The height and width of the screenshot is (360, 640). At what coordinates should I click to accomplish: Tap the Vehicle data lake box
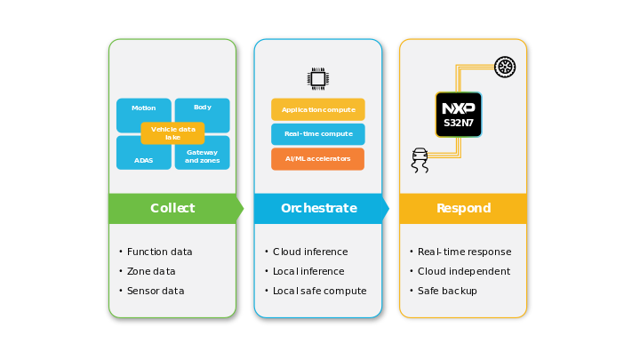172,133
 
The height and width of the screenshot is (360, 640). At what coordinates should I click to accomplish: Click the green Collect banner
172,209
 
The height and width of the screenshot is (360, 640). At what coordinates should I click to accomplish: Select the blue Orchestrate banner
318,209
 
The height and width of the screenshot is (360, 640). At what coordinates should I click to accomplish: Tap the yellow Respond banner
463,209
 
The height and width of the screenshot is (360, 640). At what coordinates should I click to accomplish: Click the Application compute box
318,110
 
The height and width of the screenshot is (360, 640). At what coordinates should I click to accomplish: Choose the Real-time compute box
318,134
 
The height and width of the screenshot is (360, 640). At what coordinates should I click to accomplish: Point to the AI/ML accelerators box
318,159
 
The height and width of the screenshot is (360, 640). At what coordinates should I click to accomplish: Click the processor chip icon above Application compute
318,78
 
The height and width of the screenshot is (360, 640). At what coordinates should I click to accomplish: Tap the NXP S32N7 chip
459,115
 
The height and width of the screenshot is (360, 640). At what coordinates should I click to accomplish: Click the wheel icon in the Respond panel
505,67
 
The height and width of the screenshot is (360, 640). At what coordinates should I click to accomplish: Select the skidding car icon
420,159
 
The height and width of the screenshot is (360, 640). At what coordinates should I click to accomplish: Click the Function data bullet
159,252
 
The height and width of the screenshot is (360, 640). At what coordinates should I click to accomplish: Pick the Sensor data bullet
156,292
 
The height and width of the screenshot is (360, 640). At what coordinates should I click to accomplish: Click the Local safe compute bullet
319,292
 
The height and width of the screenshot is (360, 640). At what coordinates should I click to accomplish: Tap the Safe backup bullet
447,292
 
